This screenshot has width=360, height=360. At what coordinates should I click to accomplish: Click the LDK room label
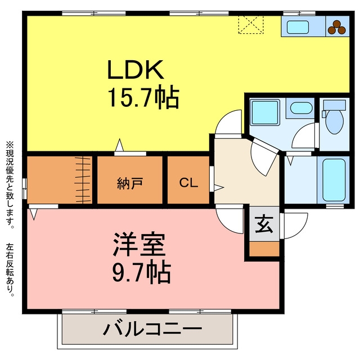[136, 69]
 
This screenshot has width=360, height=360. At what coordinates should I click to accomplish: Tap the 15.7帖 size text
[144, 97]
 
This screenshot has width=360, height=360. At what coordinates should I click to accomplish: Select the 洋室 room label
[139, 245]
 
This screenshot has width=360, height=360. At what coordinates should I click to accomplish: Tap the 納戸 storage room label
[130, 183]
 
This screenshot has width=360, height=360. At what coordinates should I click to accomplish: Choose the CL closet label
[188, 183]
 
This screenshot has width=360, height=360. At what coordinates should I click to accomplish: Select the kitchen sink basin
[298, 28]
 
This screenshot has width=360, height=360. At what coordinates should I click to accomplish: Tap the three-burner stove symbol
[337, 28]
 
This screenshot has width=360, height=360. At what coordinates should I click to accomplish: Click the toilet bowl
[335, 121]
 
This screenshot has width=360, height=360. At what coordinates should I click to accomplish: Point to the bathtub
[334, 180]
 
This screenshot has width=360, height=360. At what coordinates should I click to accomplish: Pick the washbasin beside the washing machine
[301, 108]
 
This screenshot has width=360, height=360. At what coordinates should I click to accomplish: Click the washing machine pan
[265, 112]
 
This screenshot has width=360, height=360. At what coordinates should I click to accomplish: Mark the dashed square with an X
[251, 25]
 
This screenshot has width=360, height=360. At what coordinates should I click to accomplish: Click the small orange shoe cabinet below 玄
[264, 249]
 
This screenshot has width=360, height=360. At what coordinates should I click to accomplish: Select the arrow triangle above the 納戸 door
[119, 145]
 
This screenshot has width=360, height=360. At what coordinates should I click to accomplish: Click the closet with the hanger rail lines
[60, 180]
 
